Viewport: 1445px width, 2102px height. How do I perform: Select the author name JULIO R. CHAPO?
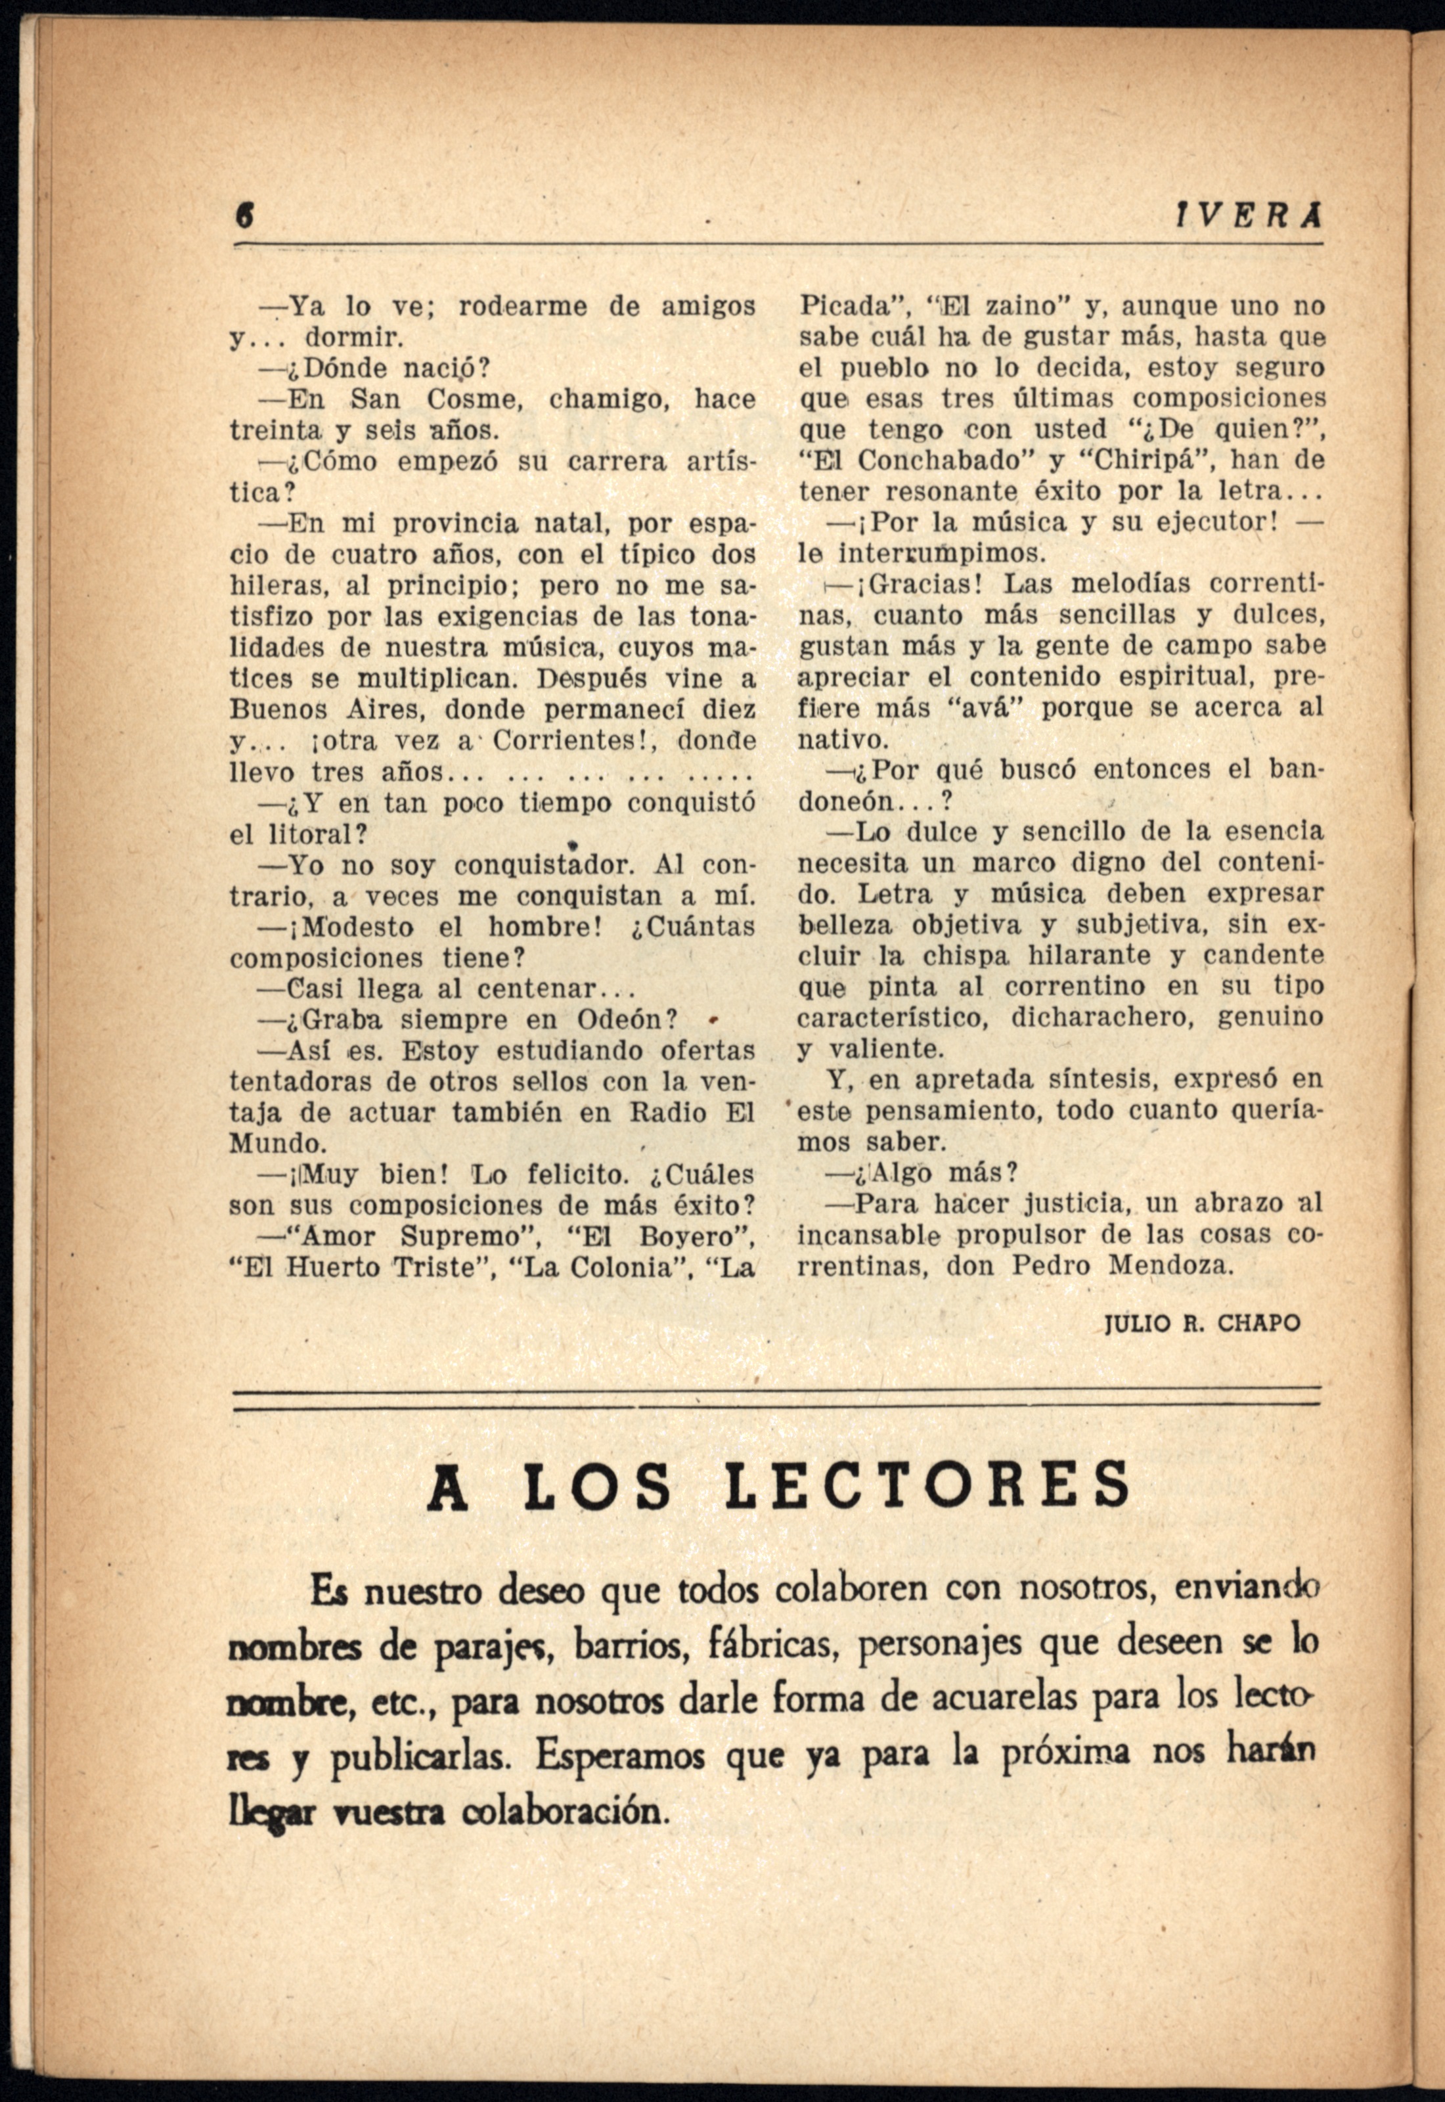click(x=1203, y=1324)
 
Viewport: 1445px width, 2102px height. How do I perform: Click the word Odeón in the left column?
click(x=627, y=1020)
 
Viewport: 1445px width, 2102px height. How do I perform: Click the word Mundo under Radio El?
click(x=278, y=1144)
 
